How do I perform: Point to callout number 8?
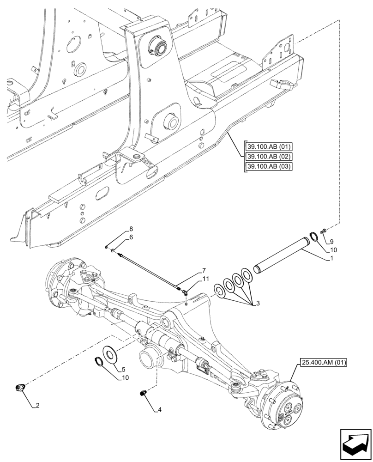(x=131, y=229)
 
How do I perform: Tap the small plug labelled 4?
(x=143, y=393)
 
